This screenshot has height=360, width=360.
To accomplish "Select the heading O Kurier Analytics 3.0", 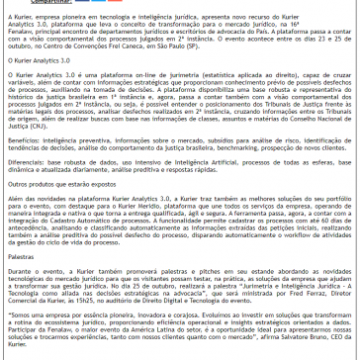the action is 39,60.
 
